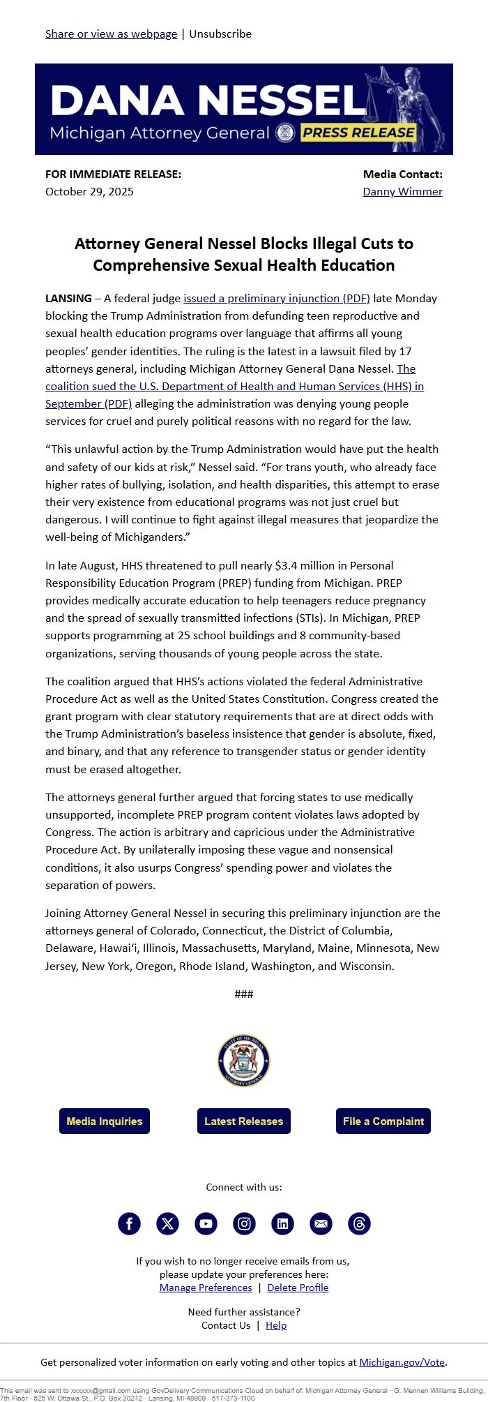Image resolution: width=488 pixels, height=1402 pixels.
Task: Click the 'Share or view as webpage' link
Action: point(111,33)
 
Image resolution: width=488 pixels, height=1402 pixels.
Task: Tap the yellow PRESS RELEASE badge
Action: point(358,133)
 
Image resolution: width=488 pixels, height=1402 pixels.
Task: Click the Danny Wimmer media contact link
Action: point(402,191)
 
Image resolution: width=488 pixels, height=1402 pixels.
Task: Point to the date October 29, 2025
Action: point(89,191)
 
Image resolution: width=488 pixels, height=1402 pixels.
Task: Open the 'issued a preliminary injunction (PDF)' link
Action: point(277,298)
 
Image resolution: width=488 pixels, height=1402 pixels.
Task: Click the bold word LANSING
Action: point(68,298)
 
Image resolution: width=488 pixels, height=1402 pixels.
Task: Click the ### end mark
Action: point(244,994)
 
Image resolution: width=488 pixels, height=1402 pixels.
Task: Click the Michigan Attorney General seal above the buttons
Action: point(243,1061)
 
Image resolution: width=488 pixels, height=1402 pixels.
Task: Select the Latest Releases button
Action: point(243,1121)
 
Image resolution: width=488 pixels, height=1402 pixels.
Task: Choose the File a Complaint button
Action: point(383,1121)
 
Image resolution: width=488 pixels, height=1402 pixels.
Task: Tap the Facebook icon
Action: point(129,1223)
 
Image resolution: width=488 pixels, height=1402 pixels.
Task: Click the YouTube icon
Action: point(206,1223)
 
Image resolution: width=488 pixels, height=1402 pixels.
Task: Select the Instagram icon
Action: point(244,1223)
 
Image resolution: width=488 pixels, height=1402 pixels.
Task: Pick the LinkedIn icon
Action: point(282,1223)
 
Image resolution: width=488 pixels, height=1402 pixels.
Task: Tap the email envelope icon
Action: point(321,1223)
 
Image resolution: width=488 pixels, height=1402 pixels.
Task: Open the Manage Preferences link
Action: point(206,1288)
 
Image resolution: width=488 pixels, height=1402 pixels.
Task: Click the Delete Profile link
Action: point(298,1288)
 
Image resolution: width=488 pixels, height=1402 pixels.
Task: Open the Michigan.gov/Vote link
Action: point(402,1362)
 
